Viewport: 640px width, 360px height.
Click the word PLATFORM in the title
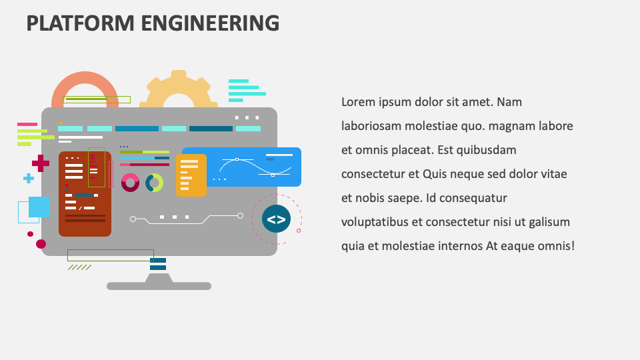click(81, 23)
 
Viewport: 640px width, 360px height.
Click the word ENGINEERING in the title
click(210, 23)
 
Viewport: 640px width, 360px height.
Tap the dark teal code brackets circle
click(276, 219)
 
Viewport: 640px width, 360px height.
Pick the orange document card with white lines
click(191, 175)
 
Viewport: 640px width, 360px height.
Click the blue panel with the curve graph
click(254, 167)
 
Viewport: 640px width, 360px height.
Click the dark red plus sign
click(41, 163)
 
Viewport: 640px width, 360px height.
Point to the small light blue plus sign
click(29, 179)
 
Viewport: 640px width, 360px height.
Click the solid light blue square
click(39, 207)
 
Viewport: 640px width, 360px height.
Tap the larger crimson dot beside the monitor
click(41, 244)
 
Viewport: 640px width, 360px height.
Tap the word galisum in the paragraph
click(549, 223)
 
